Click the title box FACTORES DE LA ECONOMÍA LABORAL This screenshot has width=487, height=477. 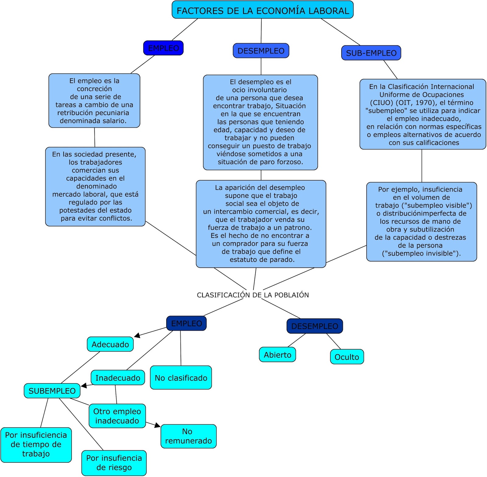pos(262,10)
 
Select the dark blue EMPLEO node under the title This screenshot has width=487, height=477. pos(163,48)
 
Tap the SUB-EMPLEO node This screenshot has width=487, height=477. pos(371,53)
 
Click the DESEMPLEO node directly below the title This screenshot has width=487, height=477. pos(261,51)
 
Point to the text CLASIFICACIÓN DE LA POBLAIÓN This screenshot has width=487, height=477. pos(253,295)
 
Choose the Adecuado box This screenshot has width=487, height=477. pos(110,344)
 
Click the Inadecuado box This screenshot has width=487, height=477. pos(118,378)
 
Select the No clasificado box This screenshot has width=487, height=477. pos(181,378)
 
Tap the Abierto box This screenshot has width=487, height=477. pos(277,355)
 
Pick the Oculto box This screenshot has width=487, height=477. pos(347,357)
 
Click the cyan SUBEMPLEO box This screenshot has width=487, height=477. pos(52,391)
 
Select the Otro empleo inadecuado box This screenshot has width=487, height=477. pos(117,416)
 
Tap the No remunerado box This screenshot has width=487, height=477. pos(188,436)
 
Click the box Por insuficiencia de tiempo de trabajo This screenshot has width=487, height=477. pos(36,444)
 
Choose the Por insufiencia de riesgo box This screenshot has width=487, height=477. pos(114,463)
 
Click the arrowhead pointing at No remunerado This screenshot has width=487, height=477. pos(158,425)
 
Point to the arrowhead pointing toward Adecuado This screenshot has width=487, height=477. pos(137,335)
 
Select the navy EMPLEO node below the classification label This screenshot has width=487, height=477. pos(186,323)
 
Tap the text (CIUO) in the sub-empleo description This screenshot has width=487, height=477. pos(382,103)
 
